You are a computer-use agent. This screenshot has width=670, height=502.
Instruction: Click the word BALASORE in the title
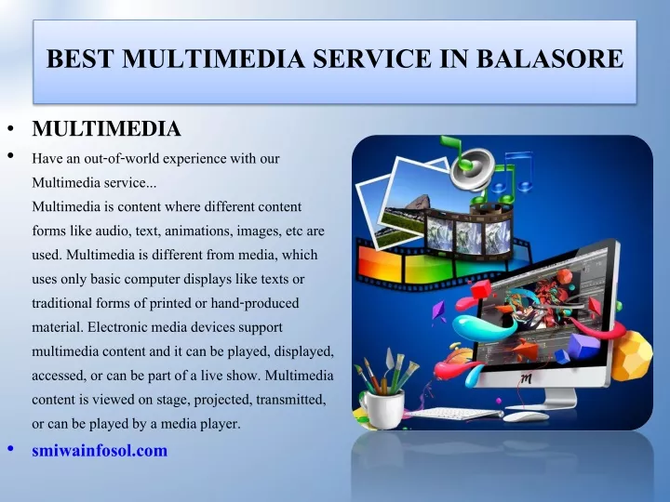[x=550, y=59]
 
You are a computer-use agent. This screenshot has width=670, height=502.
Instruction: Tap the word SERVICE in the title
[x=372, y=59]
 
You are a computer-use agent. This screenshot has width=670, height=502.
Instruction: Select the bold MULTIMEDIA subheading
[x=106, y=128]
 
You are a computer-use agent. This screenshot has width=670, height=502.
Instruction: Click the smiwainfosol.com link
[x=100, y=450]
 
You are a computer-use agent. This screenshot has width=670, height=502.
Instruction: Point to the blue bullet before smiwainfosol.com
[x=10, y=448]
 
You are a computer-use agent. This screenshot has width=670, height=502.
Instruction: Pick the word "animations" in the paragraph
[x=199, y=231]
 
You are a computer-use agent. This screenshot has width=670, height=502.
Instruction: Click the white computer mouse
[x=526, y=416]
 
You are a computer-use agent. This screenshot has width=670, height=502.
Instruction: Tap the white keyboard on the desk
[x=453, y=413]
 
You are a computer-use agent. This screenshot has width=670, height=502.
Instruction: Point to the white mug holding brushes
[x=382, y=409]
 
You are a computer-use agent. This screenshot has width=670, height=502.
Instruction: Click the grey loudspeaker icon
[x=472, y=168]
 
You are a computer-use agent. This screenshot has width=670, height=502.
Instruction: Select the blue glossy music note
[x=513, y=176]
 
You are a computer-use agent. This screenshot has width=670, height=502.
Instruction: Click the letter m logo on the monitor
[x=527, y=377]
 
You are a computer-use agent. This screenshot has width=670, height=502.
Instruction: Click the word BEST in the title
[x=80, y=59]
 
